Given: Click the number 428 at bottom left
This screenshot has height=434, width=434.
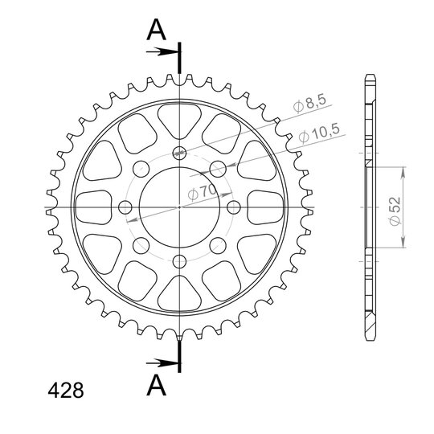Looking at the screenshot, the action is (x=66, y=391).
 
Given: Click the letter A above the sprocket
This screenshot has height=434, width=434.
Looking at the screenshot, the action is (x=157, y=30).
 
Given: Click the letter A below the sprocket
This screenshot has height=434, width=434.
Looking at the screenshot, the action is (x=157, y=385).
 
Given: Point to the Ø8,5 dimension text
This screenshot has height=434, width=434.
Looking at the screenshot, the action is (x=310, y=104).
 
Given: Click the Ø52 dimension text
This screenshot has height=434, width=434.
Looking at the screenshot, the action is (x=395, y=211).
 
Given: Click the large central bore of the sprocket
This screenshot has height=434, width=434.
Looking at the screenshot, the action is (x=180, y=207).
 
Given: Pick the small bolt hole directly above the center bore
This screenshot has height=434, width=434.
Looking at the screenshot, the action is (x=180, y=153).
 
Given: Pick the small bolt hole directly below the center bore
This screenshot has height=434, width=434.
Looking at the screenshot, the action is (x=180, y=261).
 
